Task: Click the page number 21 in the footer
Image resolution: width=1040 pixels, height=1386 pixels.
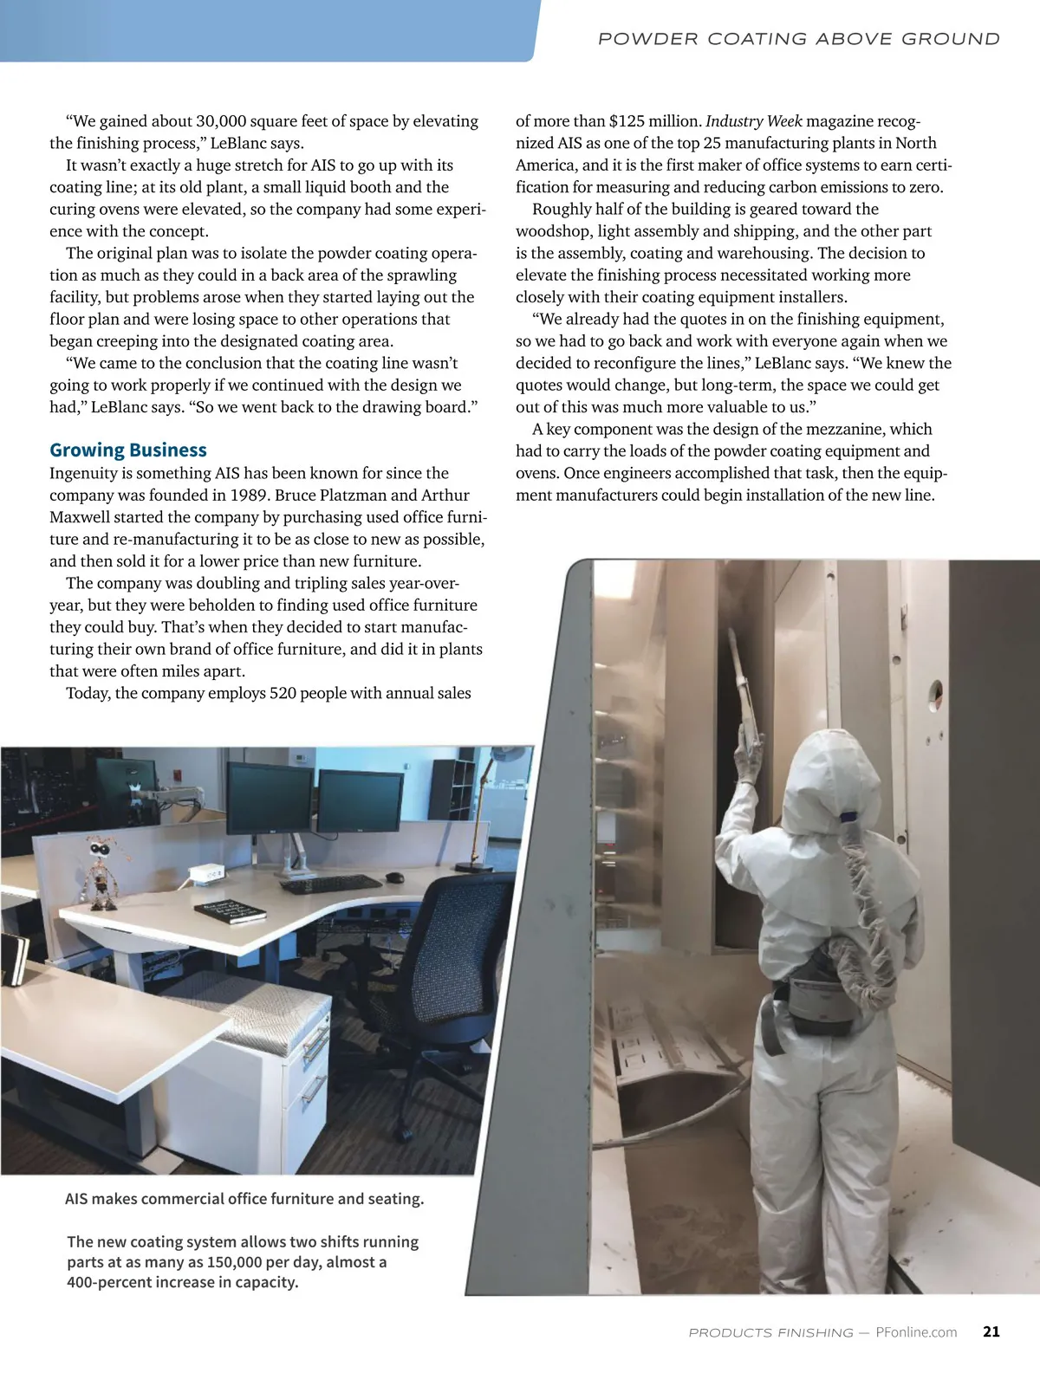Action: pos(991,1331)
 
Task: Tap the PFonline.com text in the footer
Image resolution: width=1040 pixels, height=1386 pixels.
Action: pos(916,1332)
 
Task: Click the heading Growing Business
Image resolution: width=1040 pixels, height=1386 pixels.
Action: pos(128,450)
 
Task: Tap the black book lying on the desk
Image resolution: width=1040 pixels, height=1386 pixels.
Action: pos(230,911)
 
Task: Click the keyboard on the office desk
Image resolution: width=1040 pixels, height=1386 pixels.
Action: pos(330,884)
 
